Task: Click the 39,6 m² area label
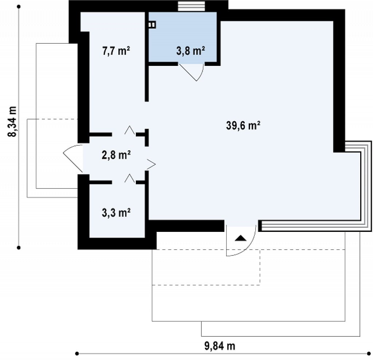coord(243,125)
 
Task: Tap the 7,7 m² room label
coord(116,51)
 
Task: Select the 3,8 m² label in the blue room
coord(191,51)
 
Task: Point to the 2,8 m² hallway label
coord(116,155)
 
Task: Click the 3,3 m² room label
coord(116,213)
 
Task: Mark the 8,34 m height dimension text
coord(12,122)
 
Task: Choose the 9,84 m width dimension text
coord(220,346)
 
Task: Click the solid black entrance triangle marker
coord(240,238)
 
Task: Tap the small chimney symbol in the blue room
coord(152,24)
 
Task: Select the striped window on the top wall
coord(192,6)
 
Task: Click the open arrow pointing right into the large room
coord(151,164)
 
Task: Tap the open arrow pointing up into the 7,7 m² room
coord(130,130)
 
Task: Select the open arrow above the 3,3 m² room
coord(130,178)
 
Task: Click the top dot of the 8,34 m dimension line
coord(19,7)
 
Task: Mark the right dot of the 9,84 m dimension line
coord(369,353)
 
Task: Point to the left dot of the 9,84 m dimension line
coord(77,353)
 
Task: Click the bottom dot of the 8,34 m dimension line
coord(19,248)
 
